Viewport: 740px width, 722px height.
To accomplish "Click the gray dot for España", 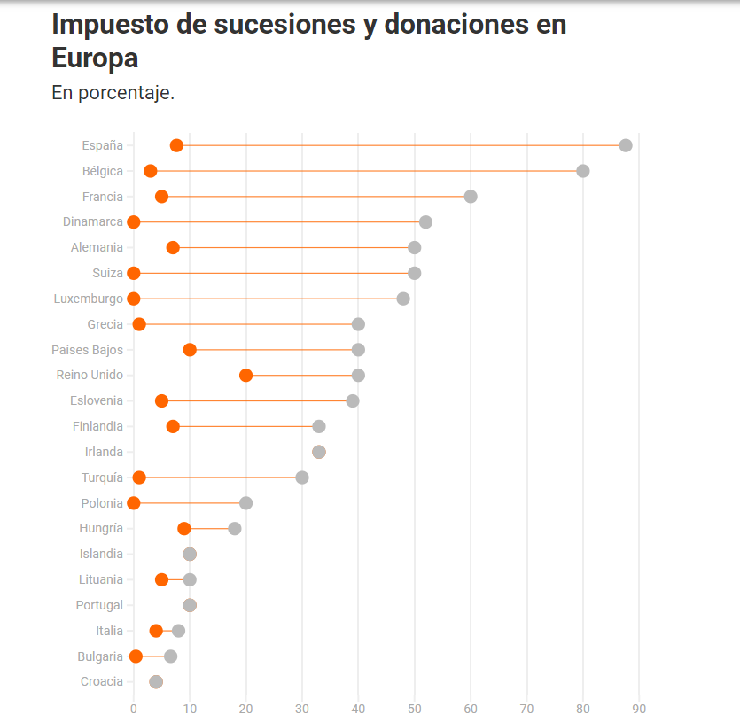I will (x=626, y=145).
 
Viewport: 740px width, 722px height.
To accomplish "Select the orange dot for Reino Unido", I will (x=245, y=376).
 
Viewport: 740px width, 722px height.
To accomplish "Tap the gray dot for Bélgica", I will (x=582, y=171).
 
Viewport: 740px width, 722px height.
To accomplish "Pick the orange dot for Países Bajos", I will (x=190, y=350).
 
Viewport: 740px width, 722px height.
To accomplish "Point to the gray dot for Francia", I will (x=471, y=197).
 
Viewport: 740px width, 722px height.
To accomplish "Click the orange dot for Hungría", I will (x=184, y=529).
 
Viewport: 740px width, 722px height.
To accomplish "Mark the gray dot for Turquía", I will (x=302, y=477).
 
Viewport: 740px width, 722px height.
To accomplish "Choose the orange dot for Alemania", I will (x=173, y=247).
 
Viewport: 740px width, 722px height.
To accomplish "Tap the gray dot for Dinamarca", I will (x=425, y=221).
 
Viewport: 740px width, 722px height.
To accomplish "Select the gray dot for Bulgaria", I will (x=170, y=656).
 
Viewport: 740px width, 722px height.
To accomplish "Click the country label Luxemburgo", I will (x=89, y=299).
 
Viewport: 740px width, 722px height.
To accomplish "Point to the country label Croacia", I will (x=101, y=682).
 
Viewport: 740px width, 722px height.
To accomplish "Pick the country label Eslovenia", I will (x=97, y=400).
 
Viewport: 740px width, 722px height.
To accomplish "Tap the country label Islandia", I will (x=101, y=555).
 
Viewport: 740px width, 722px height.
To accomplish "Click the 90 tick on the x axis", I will (x=639, y=709).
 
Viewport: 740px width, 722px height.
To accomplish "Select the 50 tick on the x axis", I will (x=415, y=709).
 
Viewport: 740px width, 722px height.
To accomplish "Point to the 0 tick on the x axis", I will (x=134, y=709).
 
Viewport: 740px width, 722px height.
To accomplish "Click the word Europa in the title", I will (x=96, y=58).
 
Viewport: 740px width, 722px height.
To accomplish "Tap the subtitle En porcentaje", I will (x=113, y=93).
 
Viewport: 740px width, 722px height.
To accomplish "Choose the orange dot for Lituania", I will (x=161, y=579).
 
